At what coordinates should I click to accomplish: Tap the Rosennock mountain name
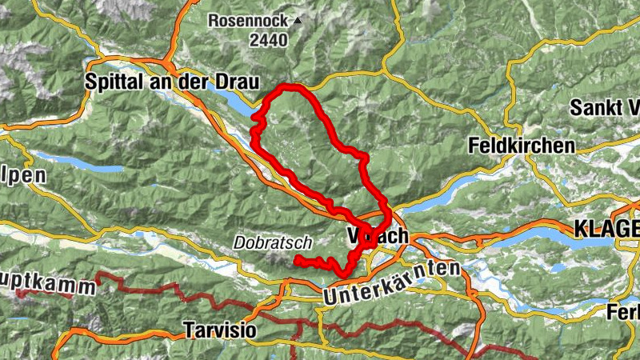[x=249, y=21]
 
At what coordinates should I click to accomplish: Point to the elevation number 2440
[x=268, y=41]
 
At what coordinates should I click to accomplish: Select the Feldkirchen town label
[x=522, y=146]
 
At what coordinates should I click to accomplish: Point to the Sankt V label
[x=604, y=108]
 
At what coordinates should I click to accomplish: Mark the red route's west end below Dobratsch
[x=297, y=260]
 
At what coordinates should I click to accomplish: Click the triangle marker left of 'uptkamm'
[x=17, y=292]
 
